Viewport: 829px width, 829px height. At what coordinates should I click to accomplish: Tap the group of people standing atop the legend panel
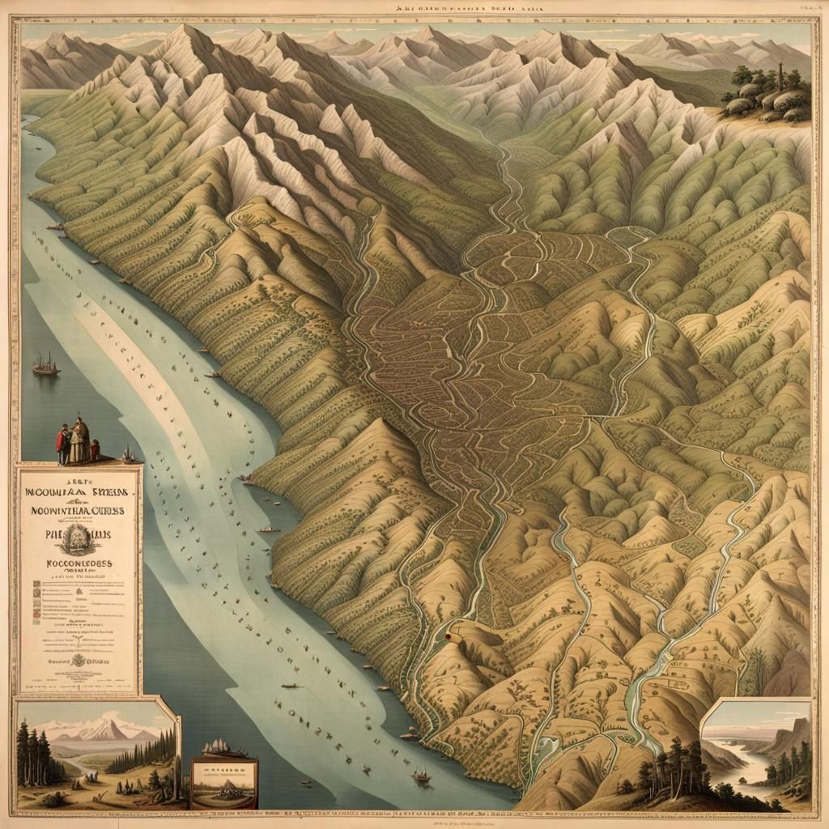pyautogui.click(x=76, y=441)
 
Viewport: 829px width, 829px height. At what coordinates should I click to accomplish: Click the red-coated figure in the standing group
pyautogui.click(x=63, y=444)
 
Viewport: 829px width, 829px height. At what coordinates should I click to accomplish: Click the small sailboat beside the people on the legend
pyautogui.click(x=127, y=454)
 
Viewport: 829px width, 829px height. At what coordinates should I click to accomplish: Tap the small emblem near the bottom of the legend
pyautogui.click(x=79, y=660)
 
